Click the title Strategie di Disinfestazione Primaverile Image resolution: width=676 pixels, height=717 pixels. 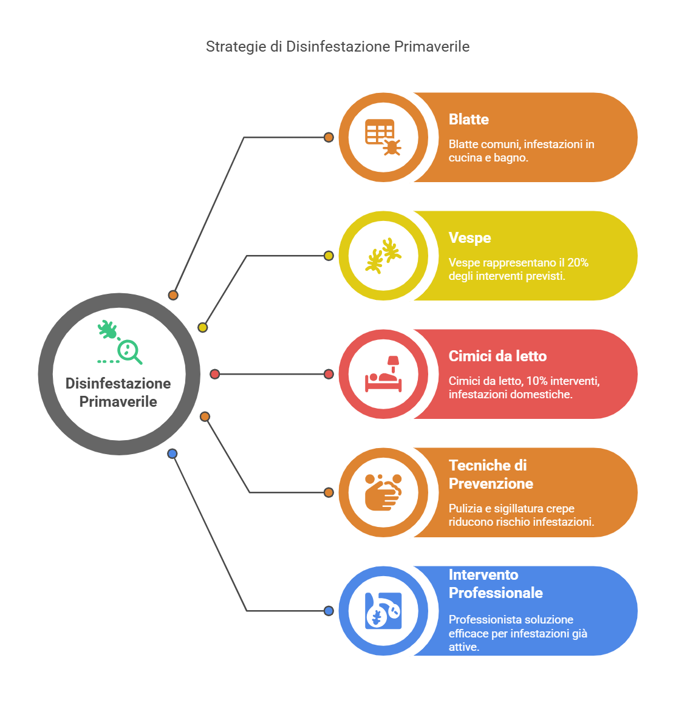coord(338,47)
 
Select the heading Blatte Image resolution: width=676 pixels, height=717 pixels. coord(469,120)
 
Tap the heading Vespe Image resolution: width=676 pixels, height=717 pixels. coord(469,238)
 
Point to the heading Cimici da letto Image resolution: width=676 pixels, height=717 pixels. coord(497,356)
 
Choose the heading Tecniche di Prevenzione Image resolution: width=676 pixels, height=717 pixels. coord(491,475)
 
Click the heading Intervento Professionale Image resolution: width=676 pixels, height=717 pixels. coord(496,584)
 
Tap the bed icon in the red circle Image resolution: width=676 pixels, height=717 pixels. coord(383,374)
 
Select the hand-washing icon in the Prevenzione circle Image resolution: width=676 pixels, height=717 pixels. coord(383,492)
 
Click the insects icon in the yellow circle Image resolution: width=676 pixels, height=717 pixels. coord(383,256)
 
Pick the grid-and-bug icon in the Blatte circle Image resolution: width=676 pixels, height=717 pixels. coord(383,137)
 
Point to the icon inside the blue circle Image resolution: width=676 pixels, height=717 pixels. coord(383,611)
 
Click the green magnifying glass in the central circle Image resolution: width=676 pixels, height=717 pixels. coord(129,352)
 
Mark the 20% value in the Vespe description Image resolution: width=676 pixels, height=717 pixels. coord(578,262)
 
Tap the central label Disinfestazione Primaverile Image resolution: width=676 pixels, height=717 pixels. coord(118,392)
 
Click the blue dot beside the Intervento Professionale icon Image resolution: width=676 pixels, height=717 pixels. coord(329,611)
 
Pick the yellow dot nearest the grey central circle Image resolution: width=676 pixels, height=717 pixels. coord(203,327)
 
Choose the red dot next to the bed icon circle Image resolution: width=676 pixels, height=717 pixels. coord(329,374)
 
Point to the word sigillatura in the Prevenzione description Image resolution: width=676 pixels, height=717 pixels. coord(523,509)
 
